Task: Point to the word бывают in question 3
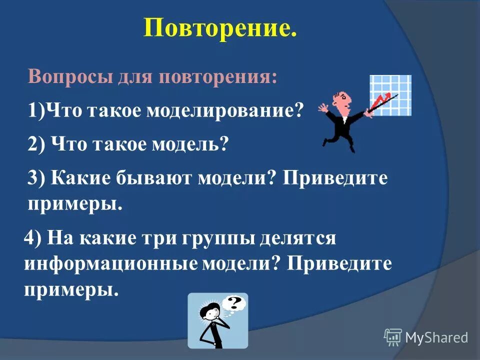160,178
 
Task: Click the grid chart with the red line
390,95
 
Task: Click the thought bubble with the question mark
233,303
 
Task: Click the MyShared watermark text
436,337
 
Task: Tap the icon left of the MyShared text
393,337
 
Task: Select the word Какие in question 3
79,178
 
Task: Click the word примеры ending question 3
73,205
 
